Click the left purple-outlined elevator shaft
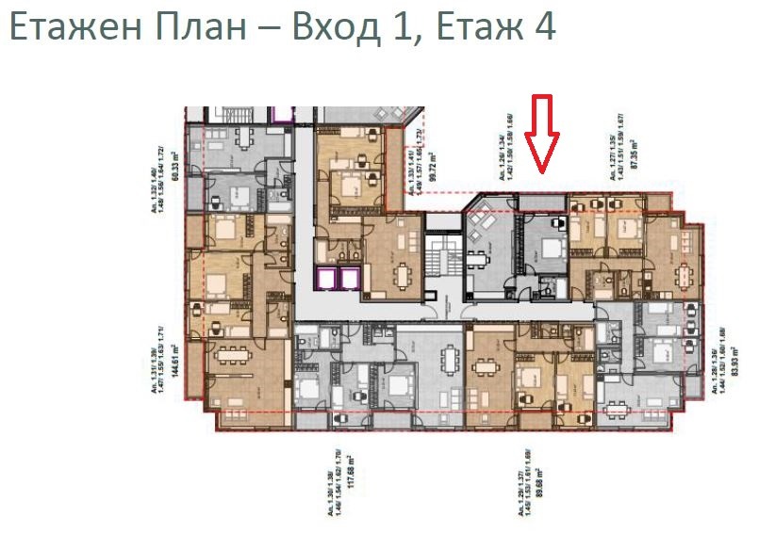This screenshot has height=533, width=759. pyautogui.click(x=325, y=280)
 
